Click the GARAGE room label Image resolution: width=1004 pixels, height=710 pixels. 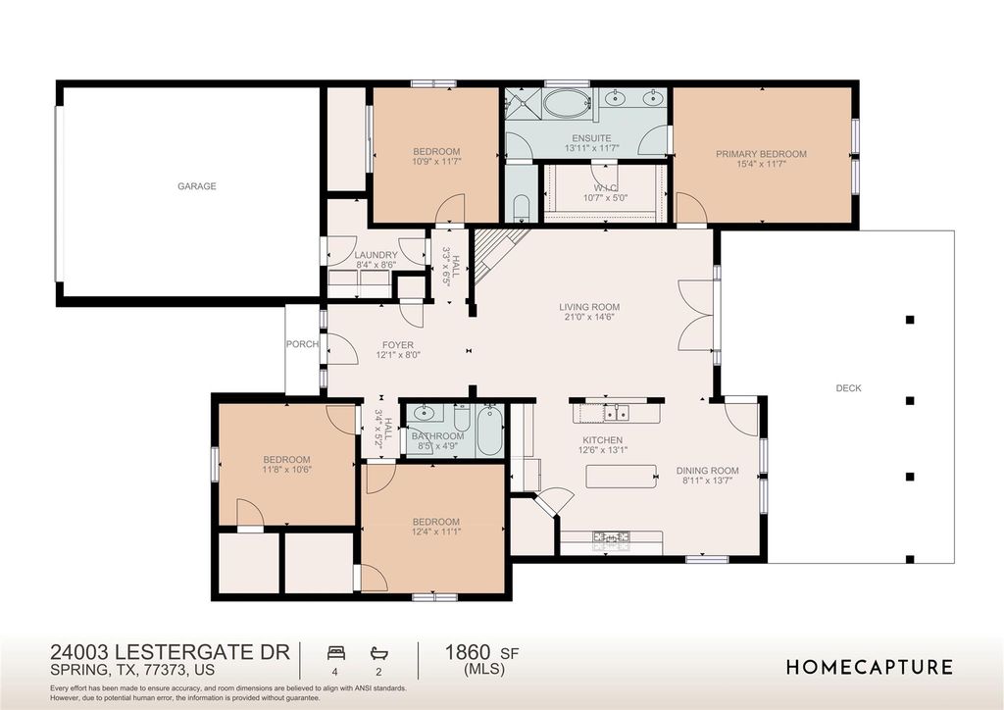click(196, 186)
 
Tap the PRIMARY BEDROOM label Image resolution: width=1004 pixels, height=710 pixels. click(761, 154)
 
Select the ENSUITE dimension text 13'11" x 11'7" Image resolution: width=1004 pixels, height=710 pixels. click(591, 148)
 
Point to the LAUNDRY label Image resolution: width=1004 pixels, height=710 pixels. click(376, 255)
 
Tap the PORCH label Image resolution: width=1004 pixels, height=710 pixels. click(302, 344)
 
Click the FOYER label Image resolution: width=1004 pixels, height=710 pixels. click(398, 345)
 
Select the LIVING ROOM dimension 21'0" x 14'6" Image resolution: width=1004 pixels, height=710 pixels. click(589, 317)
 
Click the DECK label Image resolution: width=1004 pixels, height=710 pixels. click(848, 388)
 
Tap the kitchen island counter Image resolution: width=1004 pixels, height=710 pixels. click(621, 477)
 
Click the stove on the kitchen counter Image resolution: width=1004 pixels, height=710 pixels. click(611, 537)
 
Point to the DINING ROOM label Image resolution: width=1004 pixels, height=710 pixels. click(707, 471)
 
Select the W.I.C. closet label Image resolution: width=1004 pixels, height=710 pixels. click(605, 187)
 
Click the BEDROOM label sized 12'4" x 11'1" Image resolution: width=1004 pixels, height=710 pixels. click(436, 522)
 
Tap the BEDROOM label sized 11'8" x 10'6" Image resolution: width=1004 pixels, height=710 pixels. click(286, 460)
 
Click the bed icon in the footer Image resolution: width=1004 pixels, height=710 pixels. click(336, 653)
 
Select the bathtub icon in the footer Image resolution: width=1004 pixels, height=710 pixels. click(378, 653)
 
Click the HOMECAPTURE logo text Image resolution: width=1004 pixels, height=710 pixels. click(870, 667)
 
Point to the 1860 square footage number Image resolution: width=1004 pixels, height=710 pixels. click(468, 652)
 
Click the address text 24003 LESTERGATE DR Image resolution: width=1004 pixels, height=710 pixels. click(171, 652)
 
